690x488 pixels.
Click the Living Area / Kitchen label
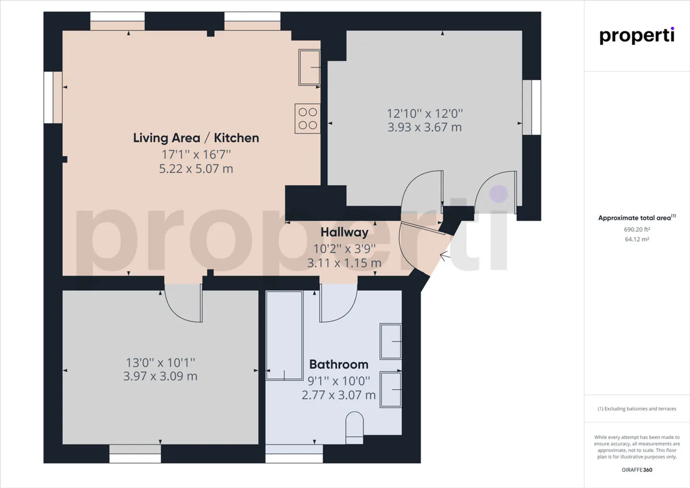pyautogui.click(x=196, y=138)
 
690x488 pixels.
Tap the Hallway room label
pyautogui.click(x=345, y=232)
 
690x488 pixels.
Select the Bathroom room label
pyautogui.click(x=339, y=364)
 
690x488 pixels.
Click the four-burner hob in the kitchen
pyautogui.click(x=308, y=118)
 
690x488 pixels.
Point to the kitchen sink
pyautogui.click(x=310, y=68)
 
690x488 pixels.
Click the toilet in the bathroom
pyautogui.click(x=354, y=428)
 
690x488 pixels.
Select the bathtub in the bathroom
pyautogui.click(x=284, y=336)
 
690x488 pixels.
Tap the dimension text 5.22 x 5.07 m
pyautogui.click(x=196, y=169)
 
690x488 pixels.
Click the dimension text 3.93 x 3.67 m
pyautogui.click(x=425, y=127)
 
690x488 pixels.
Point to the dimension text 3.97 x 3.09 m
pyautogui.click(x=160, y=376)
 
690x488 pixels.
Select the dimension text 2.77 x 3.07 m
pyautogui.click(x=338, y=395)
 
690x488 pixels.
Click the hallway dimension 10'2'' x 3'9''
pyautogui.click(x=345, y=248)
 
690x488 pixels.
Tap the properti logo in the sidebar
pyautogui.click(x=637, y=36)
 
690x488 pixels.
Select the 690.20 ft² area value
pyautogui.click(x=637, y=230)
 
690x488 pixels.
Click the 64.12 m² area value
pyautogui.click(x=637, y=239)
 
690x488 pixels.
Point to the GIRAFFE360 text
pyautogui.click(x=637, y=470)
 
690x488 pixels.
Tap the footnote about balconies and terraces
pyautogui.click(x=637, y=409)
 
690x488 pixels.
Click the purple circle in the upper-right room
pyautogui.click(x=499, y=194)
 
